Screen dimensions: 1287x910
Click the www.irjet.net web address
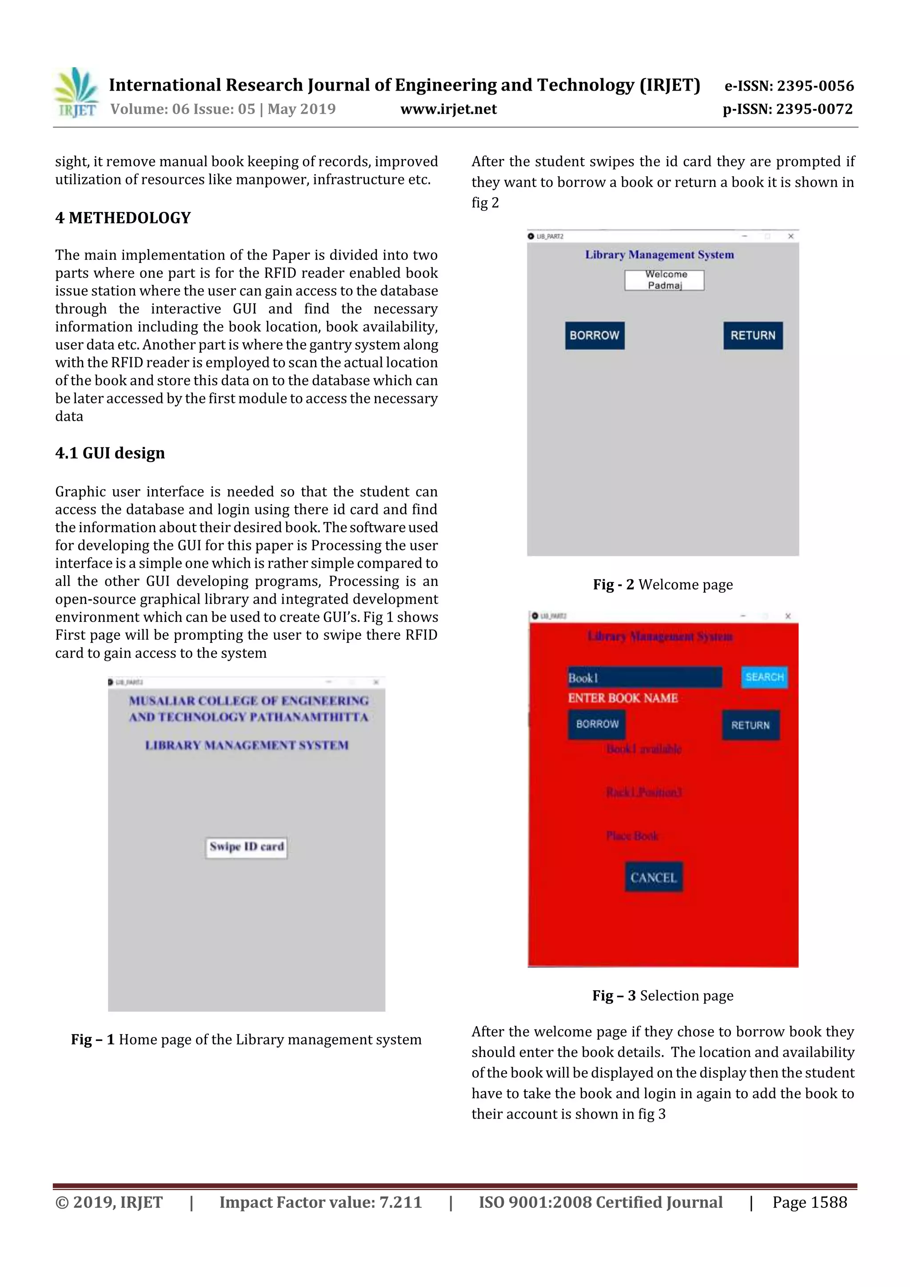[x=448, y=109]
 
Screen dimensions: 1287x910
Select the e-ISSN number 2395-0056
[x=788, y=86]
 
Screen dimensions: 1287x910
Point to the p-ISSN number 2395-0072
[x=787, y=109]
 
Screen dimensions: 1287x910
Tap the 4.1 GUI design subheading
[x=110, y=453]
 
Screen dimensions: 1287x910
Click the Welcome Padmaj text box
[x=664, y=280]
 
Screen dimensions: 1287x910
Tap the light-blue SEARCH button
[x=764, y=677]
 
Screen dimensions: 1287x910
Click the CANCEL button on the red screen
[x=654, y=877]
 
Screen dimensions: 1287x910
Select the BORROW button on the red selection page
[x=597, y=724]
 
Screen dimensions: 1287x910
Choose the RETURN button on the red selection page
[x=750, y=725]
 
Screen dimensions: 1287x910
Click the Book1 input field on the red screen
[x=644, y=677]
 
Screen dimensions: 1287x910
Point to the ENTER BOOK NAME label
[x=623, y=698]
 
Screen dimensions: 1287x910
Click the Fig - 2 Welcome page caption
[x=663, y=585]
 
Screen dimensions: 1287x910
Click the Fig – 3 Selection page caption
[x=663, y=996]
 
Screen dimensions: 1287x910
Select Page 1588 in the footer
[x=809, y=1202]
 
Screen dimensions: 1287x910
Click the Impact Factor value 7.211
[x=320, y=1202]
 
